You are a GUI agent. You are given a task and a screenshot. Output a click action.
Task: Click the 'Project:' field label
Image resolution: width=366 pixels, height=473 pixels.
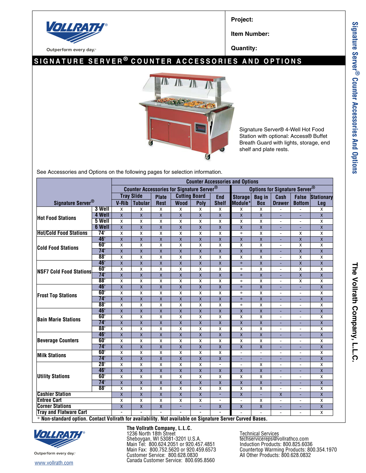(242, 19)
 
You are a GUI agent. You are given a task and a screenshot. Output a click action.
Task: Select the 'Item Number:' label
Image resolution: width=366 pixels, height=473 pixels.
(250, 34)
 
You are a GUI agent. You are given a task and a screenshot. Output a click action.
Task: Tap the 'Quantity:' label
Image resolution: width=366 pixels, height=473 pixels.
(244, 48)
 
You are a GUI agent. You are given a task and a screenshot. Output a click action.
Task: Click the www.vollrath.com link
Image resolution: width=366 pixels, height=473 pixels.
(54, 463)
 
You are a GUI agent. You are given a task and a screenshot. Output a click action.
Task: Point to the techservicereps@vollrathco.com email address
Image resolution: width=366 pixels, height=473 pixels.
(274, 439)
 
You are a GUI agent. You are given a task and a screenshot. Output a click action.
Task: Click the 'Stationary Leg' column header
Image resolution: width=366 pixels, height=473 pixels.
(322, 200)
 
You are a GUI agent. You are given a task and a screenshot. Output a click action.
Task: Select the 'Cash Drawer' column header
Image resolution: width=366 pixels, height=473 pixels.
(280, 200)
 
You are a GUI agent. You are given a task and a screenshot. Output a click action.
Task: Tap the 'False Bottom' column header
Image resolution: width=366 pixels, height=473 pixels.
(301, 200)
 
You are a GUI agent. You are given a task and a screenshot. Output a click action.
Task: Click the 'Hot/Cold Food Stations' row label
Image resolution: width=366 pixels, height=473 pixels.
(62, 233)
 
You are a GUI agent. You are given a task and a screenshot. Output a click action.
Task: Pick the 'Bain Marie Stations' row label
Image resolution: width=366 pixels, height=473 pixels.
(59, 319)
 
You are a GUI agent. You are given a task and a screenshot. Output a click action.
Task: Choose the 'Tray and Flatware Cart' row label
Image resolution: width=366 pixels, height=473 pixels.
(62, 412)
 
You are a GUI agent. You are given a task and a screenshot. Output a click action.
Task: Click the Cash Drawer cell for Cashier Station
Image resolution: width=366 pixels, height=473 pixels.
(281, 394)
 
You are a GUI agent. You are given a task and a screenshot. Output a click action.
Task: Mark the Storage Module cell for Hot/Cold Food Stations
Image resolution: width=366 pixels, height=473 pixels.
(241, 233)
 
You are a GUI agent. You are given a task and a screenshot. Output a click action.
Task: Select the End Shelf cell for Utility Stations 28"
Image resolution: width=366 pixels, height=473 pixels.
(220, 365)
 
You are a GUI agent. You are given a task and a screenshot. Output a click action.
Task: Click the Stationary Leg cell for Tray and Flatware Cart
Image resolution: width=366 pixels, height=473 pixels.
(322, 413)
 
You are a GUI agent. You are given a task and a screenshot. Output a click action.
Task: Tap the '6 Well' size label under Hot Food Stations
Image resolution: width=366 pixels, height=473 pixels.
(102, 227)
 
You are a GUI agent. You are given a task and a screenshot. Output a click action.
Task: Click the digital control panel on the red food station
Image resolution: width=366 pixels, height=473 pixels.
(201, 128)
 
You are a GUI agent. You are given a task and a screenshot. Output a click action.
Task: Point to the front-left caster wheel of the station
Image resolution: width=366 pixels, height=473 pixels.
(150, 142)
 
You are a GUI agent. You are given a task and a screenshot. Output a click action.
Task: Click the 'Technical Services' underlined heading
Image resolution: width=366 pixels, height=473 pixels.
(259, 433)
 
